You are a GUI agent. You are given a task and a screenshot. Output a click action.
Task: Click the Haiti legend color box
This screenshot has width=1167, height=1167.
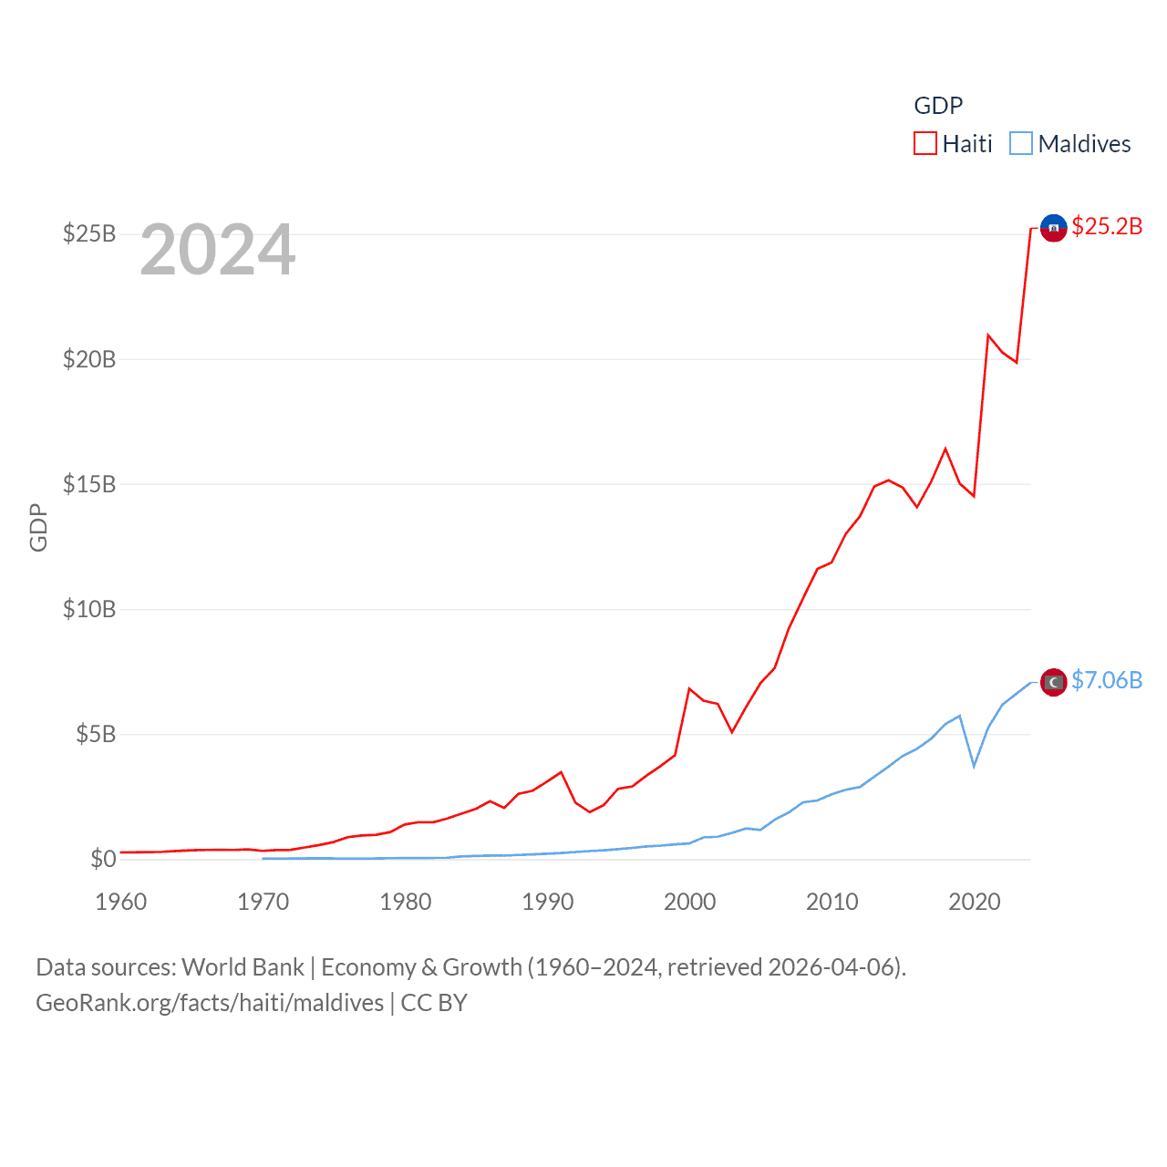point(925,144)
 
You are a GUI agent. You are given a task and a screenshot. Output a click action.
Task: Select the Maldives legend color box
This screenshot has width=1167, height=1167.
point(1021,144)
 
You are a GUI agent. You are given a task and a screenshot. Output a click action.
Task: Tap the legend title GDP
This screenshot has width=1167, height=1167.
point(938,106)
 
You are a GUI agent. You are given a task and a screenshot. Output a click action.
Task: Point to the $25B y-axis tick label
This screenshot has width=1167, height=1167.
point(89,234)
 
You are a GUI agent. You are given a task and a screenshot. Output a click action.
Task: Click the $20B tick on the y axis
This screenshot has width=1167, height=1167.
point(89,359)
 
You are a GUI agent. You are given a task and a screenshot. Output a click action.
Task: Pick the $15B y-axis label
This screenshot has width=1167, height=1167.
point(89,484)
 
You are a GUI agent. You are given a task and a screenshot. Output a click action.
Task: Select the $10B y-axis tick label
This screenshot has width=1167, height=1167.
point(89,609)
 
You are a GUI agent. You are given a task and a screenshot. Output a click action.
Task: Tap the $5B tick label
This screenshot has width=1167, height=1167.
point(96,734)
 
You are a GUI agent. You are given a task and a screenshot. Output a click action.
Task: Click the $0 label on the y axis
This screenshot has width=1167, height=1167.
point(103,859)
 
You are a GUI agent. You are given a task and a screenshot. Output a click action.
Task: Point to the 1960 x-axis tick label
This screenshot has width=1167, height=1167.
point(120,903)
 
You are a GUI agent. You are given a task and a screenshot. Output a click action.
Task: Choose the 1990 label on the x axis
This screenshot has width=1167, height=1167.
point(547,903)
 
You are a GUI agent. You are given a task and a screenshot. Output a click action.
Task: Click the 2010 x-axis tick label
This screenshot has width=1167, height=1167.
point(831,903)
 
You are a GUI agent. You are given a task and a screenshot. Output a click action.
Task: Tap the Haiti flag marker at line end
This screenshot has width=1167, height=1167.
point(1053,228)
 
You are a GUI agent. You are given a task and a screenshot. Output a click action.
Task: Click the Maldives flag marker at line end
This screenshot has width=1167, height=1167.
point(1053,682)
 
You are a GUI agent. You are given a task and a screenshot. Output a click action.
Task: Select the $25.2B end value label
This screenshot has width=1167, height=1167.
point(1107,226)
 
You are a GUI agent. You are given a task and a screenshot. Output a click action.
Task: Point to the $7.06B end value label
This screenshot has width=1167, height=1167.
point(1107,680)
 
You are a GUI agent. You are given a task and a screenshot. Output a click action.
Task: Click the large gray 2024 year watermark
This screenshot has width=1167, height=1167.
point(218,250)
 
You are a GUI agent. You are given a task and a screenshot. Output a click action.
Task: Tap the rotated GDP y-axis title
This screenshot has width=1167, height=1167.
point(38,527)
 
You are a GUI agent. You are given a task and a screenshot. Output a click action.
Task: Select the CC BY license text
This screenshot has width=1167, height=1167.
point(434,1003)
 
